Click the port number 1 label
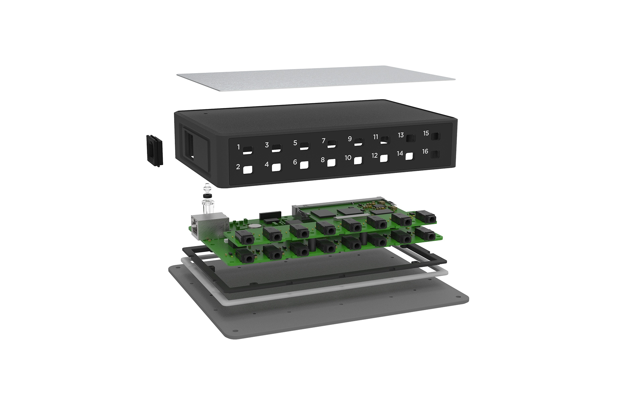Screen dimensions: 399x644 (238, 147)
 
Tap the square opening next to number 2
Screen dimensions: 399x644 (248, 170)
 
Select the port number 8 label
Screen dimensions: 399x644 (323, 160)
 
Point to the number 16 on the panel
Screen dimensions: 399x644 (425, 151)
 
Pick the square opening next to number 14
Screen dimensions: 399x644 (409, 156)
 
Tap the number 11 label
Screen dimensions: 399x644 (376, 137)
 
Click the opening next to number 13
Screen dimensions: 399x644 (411, 138)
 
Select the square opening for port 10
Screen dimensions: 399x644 (358, 160)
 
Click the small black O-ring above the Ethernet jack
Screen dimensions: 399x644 (207, 195)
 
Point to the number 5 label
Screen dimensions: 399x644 (295, 143)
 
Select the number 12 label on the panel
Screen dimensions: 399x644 (375, 156)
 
